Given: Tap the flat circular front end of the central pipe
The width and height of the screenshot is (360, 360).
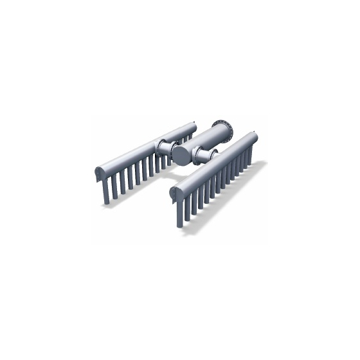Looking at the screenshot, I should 182,154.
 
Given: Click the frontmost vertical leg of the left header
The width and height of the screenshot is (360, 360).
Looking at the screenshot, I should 107,193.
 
